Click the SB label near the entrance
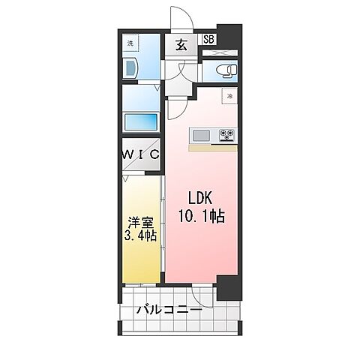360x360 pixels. [208, 40]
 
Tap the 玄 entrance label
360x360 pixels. [181, 45]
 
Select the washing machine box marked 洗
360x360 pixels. [130, 43]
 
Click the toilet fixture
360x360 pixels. [227, 70]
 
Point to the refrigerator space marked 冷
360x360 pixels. [229, 96]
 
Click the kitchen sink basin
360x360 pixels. [201, 136]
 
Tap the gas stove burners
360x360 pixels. [227, 135]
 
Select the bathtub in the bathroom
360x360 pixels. [141, 122]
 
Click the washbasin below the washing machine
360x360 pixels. [130, 67]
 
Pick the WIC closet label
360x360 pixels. [141, 154]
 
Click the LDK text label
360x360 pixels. [200, 198]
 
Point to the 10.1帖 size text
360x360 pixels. [202, 216]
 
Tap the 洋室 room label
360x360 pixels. [140, 223]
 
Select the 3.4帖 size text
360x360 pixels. [141, 235]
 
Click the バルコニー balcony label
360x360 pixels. [169, 310]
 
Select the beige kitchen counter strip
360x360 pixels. [213, 148]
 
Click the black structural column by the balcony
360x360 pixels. [229, 288]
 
